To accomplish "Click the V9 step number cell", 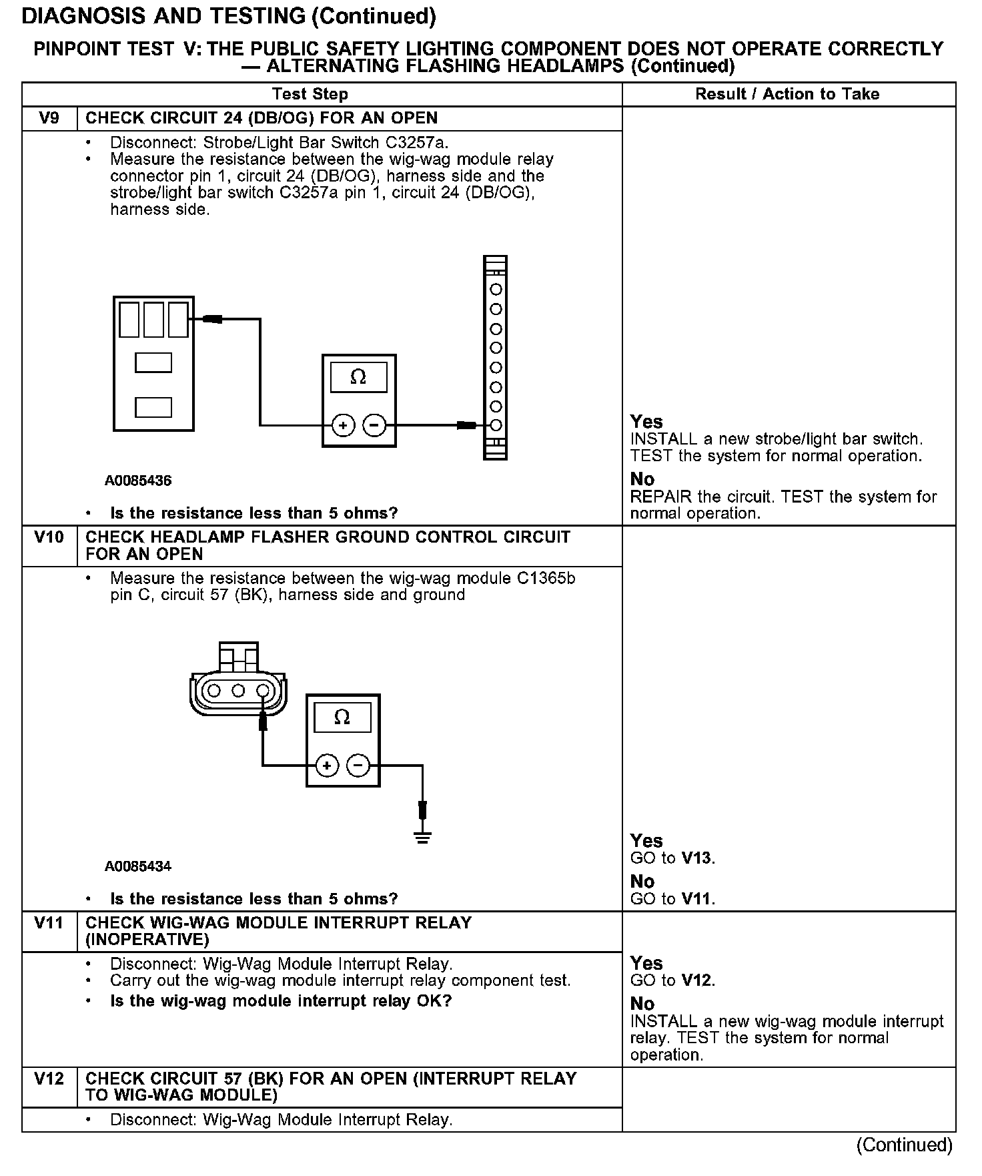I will [x=49, y=118].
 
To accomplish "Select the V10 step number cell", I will [x=49, y=537].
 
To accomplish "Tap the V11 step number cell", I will [x=49, y=923].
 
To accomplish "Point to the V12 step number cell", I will [x=49, y=1079].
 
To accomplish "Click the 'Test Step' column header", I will [x=310, y=94].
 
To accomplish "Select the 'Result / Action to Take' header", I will [x=787, y=94].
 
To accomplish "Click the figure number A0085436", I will [x=138, y=481].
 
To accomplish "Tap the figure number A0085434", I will [x=138, y=866].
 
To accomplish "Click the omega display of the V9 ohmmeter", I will [x=358, y=378].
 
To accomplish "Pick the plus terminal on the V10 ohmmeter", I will [x=327, y=766].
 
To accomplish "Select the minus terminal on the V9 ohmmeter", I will [x=374, y=425].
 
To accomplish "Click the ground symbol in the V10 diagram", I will [x=422, y=837].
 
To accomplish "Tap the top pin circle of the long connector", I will [x=496, y=290].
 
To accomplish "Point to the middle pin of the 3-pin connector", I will [x=238, y=691].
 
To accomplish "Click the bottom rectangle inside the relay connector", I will [x=153, y=407].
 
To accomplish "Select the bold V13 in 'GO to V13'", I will [x=697, y=858].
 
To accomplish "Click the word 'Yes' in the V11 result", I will [x=646, y=963].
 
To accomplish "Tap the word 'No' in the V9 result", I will [x=642, y=479].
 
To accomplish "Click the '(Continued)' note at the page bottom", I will [x=904, y=1145].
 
